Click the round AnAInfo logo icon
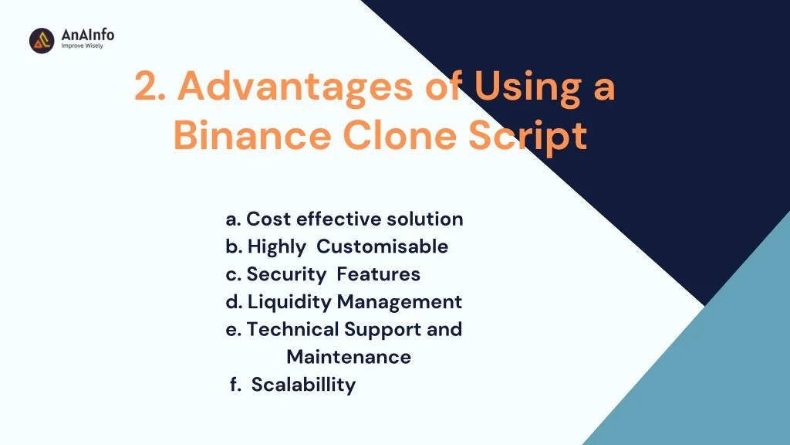[42, 40]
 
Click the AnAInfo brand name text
[87, 34]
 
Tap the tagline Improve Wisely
[82, 46]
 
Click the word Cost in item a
[268, 219]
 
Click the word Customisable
[382, 247]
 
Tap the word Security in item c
[288, 274]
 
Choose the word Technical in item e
[293, 330]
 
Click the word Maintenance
[348, 357]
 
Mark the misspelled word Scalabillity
[303, 385]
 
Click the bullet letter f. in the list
[235, 385]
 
